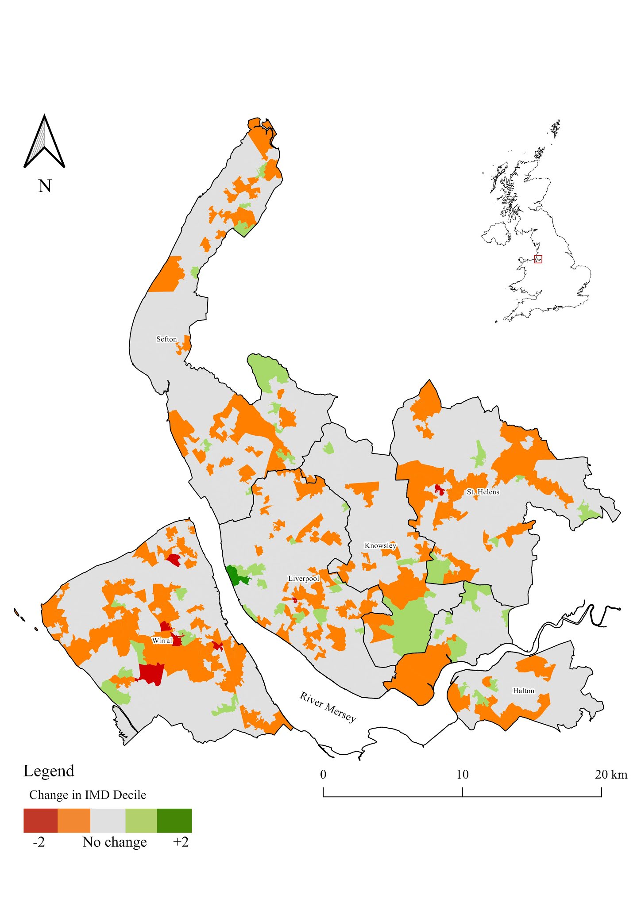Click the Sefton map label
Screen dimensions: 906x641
[166, 339]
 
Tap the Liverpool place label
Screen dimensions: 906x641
[303, 579]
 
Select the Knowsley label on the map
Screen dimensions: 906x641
[380, 545]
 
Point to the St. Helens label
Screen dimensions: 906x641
[483, 492]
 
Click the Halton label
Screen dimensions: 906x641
[523, 691]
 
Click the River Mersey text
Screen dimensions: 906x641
[328, 706]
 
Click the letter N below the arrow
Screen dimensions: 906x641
[45, 186]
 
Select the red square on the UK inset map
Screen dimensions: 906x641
[538, 259]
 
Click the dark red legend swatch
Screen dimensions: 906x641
[40, 821]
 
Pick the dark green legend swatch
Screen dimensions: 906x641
[174, 821]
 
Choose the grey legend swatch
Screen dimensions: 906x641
[108, 821]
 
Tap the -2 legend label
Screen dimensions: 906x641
[39, 842]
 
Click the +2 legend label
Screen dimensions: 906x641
[181, 842]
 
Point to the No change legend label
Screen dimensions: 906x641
[115, 842]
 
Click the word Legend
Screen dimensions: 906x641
[49, 771]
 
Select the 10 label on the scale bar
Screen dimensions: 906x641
[462, 775]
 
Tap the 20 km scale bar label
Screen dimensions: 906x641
[611, 775]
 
